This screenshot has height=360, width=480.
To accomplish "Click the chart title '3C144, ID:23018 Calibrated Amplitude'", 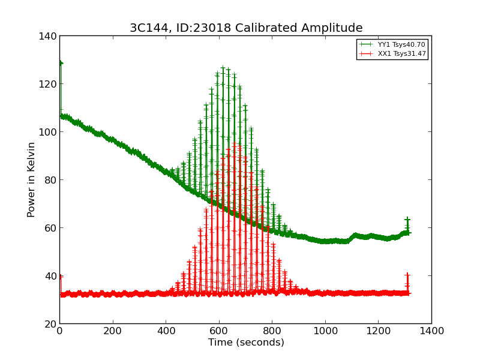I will click(246, 28).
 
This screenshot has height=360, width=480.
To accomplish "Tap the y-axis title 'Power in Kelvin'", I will click(31, 180).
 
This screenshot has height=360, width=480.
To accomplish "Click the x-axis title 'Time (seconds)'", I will click(246, 343).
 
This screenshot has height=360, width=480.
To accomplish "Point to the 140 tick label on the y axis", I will click(50, 36).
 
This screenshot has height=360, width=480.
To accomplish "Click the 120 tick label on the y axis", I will click(50, 84).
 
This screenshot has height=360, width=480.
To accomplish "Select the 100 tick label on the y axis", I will click(50, 132).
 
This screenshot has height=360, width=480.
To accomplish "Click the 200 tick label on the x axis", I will click(113, 331).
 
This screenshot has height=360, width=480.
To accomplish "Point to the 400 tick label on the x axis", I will click(166, 331).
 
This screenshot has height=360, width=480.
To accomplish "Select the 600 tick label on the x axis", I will click(219, 331).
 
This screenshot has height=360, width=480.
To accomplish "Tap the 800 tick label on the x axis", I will click(272, 331).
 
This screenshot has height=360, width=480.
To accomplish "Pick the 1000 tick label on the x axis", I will click(325, 331).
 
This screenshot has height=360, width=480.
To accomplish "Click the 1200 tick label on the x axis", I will click(379, 331).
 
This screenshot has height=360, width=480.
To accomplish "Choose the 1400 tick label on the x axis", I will click(431, 331).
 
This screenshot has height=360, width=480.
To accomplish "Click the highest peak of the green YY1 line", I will click(223, 68).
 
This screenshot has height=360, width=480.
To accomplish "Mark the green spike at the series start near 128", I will click(60, 63).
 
